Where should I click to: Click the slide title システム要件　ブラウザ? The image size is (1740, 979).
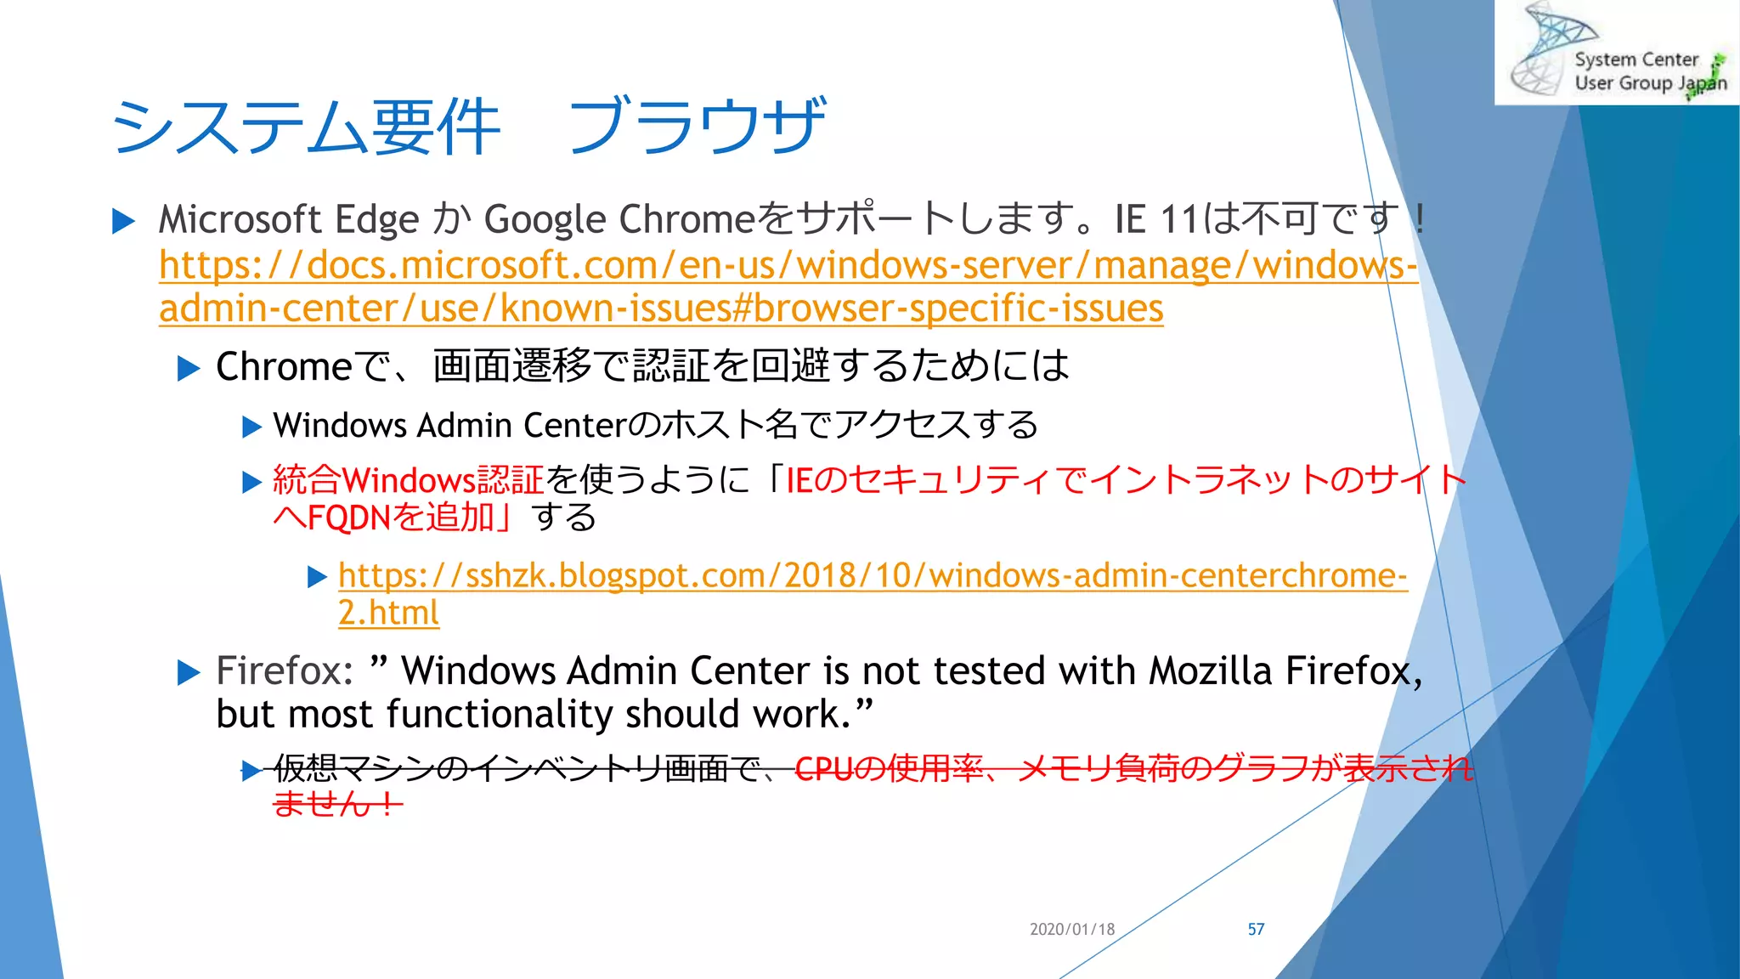click(467, 126)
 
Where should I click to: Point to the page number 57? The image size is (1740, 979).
click(1256, 929)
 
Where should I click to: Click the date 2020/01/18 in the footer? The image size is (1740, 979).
click(1071, 929)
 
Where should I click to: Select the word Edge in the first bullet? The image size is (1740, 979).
click(377, 220)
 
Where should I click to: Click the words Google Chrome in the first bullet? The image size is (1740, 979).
click(619, 220)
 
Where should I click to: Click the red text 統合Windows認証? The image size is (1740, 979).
click(408, 480)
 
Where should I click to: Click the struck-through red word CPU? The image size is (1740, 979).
click(823, 768)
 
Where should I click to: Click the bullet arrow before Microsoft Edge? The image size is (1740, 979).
click(124, 222)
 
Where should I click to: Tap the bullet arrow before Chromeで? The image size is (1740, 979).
click(188, 368)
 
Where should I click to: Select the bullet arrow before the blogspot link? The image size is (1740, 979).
click(317, 578)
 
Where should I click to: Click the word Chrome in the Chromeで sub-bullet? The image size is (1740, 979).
click(284, 367)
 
